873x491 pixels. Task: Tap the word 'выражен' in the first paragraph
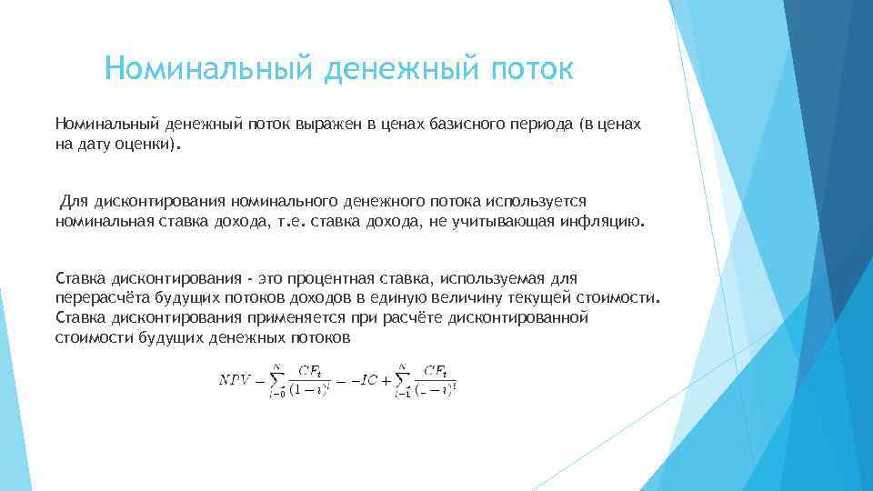(325, 123)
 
